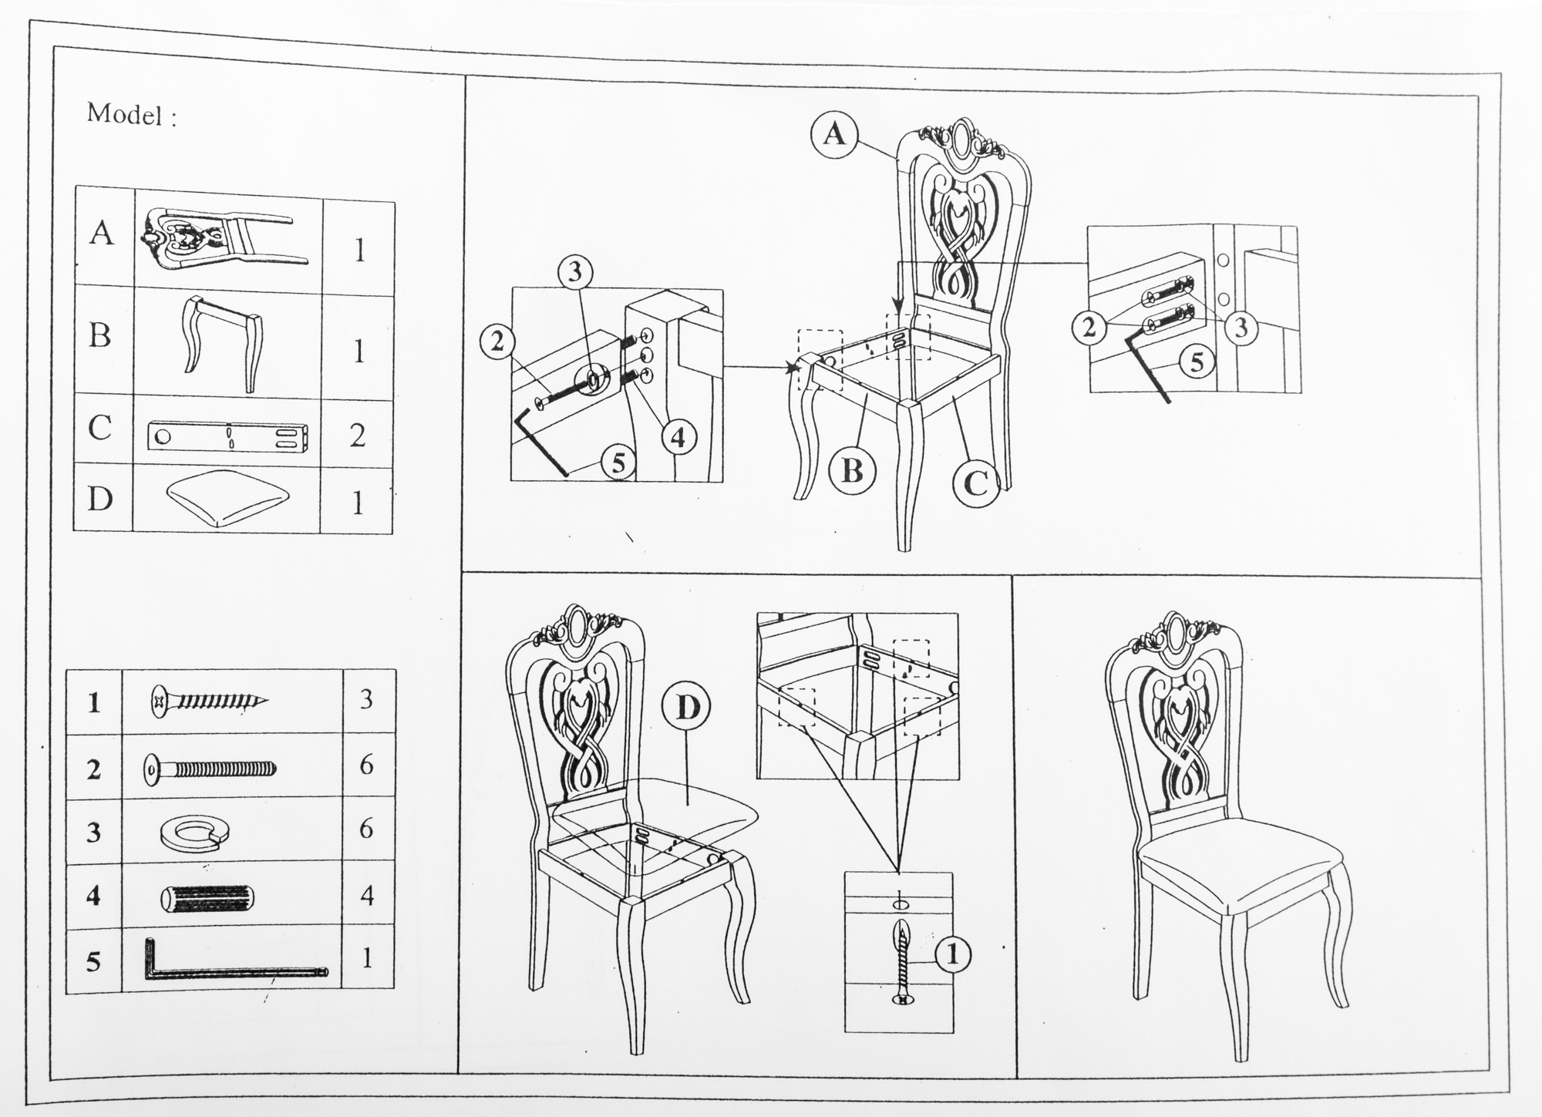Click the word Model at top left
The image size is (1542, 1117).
[125, 114]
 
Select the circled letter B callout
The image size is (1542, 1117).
[852, 470]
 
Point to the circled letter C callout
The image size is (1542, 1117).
[976, 483]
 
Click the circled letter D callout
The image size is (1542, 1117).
[686, 708]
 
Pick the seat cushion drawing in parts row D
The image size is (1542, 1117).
[227, 500]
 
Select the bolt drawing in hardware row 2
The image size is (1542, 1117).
[210, 769]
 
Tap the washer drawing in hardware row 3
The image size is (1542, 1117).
[196, 833]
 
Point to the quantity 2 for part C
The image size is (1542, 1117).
[358, 436]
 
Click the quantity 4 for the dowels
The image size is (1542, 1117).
[367, 896]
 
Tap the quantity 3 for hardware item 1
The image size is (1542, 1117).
[366, 699]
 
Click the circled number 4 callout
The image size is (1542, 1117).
[678, 437]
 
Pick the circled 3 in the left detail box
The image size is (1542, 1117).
[575, 272]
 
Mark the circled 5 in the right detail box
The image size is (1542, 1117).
[1197, 361]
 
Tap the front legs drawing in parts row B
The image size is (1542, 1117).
[221, 343]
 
